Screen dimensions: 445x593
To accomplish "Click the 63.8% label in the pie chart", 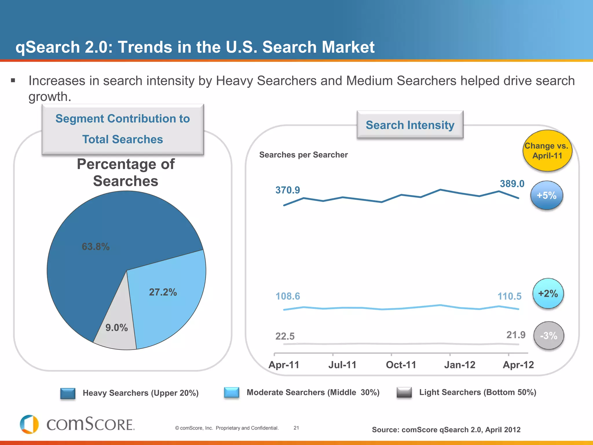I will point(96,247).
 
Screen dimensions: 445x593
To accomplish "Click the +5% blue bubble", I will point(547,195).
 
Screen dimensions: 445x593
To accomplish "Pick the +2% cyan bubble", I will point(548,293).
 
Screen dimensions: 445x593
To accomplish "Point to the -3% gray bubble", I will point(549,335).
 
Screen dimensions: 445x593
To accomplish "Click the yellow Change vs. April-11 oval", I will point(547,151).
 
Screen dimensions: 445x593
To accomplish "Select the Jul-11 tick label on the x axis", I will point(342,365).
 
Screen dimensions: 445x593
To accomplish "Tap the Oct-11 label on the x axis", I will point(401,365).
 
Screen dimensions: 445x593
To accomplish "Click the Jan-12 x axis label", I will point(460,365).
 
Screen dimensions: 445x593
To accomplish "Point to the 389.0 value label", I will point(512,184).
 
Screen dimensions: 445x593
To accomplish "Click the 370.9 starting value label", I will point(288,190).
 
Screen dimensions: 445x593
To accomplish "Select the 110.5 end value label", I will point(509,296).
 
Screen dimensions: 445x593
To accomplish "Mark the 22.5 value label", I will point(285,336).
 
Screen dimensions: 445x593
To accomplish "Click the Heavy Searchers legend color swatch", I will point(68,393).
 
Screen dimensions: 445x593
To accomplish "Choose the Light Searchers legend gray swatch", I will point(404,393).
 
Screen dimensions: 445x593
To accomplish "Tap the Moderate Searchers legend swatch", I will point(232,393).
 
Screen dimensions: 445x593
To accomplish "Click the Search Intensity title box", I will point(410,125).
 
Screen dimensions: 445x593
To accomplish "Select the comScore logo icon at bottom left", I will point(29,424).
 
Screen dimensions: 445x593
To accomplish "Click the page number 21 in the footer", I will point(296,428).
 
